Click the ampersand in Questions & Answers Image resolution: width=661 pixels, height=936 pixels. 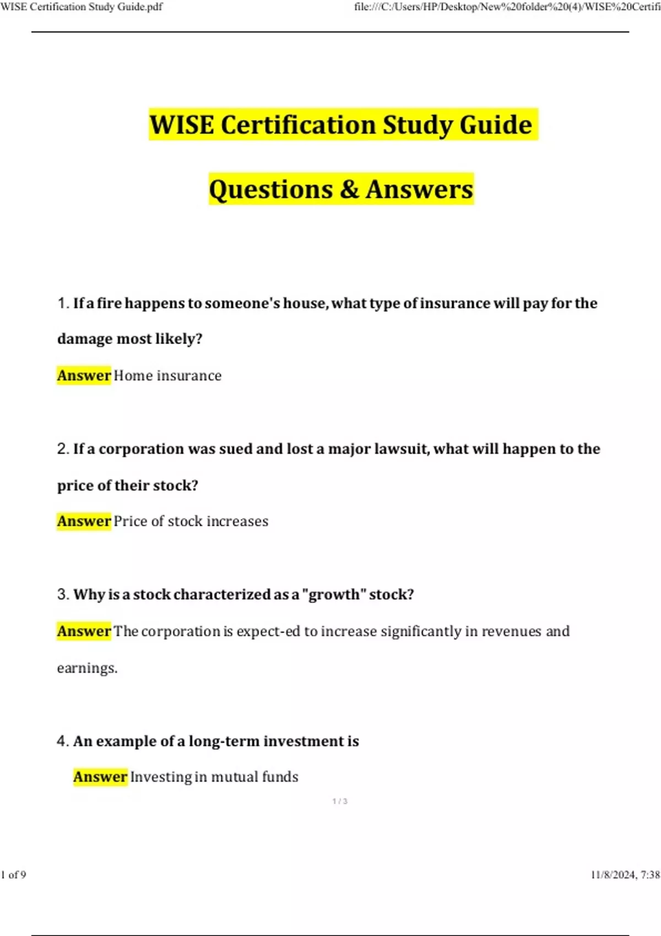(349, 189)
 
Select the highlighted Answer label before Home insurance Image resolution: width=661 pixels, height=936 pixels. (84, 376)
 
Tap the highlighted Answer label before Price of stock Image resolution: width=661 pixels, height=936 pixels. (84, 521)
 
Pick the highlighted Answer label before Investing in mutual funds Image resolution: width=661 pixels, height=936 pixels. (100, 777)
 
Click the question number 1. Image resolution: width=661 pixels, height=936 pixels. (62, 303)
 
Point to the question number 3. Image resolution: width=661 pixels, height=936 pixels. (62, 595)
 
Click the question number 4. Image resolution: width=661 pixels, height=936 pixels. (62, 741)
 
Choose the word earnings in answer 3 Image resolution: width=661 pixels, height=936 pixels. (87, 668)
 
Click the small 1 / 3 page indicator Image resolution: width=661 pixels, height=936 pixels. (340, 801)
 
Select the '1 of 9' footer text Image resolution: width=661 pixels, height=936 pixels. (14, 875)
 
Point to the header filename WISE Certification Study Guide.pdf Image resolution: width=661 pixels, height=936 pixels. (82, 7)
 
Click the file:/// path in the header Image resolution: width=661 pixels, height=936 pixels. (507, 7)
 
